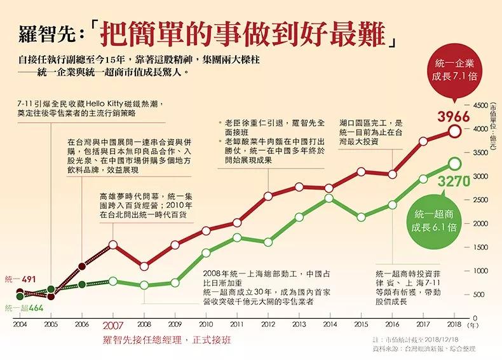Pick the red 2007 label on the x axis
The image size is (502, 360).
tap(113, 324)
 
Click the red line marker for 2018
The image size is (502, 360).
tap(454, 131)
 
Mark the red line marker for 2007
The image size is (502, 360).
tap(113, 244)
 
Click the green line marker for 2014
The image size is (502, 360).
tap(329, 198)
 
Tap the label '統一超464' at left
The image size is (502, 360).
tap(19, 308)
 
